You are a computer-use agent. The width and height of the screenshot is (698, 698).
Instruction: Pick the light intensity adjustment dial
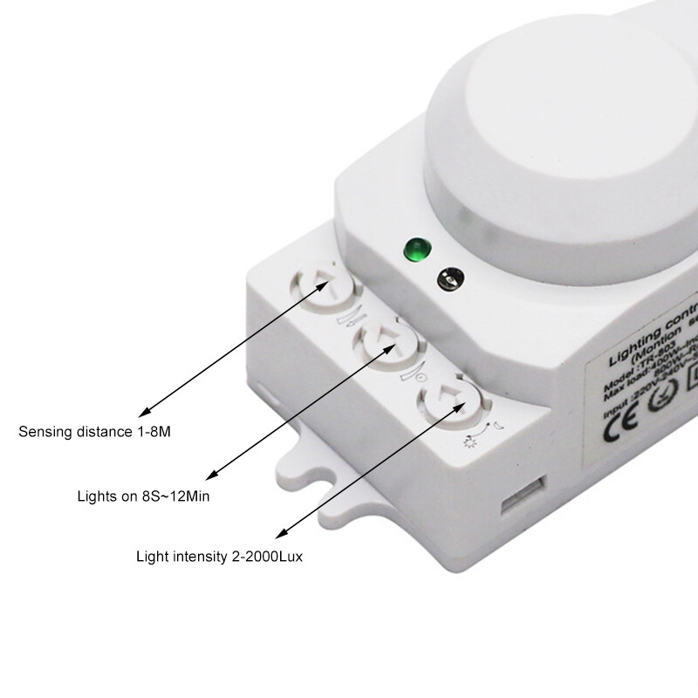point(450,399)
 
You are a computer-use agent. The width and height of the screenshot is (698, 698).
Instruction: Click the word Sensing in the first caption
point(43,432)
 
